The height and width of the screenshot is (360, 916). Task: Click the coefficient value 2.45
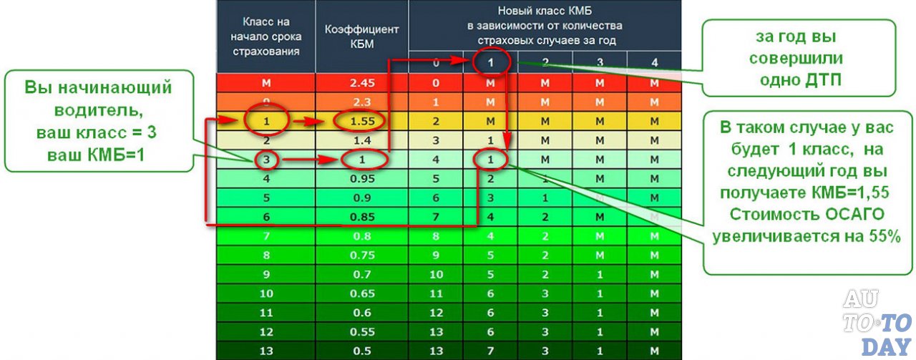click(x=362, y=83)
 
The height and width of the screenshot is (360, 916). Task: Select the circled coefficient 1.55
click(x=362, y=121)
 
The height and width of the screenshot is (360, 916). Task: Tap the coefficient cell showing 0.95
click(x=362, y=177)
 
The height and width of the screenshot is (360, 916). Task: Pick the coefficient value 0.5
click(x=362, y=350)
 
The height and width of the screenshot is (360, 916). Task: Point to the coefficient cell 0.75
click(x=362, y=254)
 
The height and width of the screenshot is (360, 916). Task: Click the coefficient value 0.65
click(x=362, y=293)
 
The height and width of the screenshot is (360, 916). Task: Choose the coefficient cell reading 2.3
click(x=362, y=102)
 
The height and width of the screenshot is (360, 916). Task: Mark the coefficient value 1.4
click(x=362, y=140)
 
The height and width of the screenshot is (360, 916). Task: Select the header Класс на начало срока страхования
click(x=265, y=35)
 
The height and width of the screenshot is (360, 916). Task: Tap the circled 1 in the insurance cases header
click(x=492, y=63)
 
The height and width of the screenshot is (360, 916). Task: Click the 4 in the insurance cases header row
click(x=654, y=63)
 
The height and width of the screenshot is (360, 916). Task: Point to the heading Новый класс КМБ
click(x=545, y=12)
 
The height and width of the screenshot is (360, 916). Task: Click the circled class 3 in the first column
click(x=265, y=159)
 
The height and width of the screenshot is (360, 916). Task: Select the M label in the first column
click(x=265, y=83)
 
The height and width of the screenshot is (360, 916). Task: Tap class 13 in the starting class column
click(x=265, y=350)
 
